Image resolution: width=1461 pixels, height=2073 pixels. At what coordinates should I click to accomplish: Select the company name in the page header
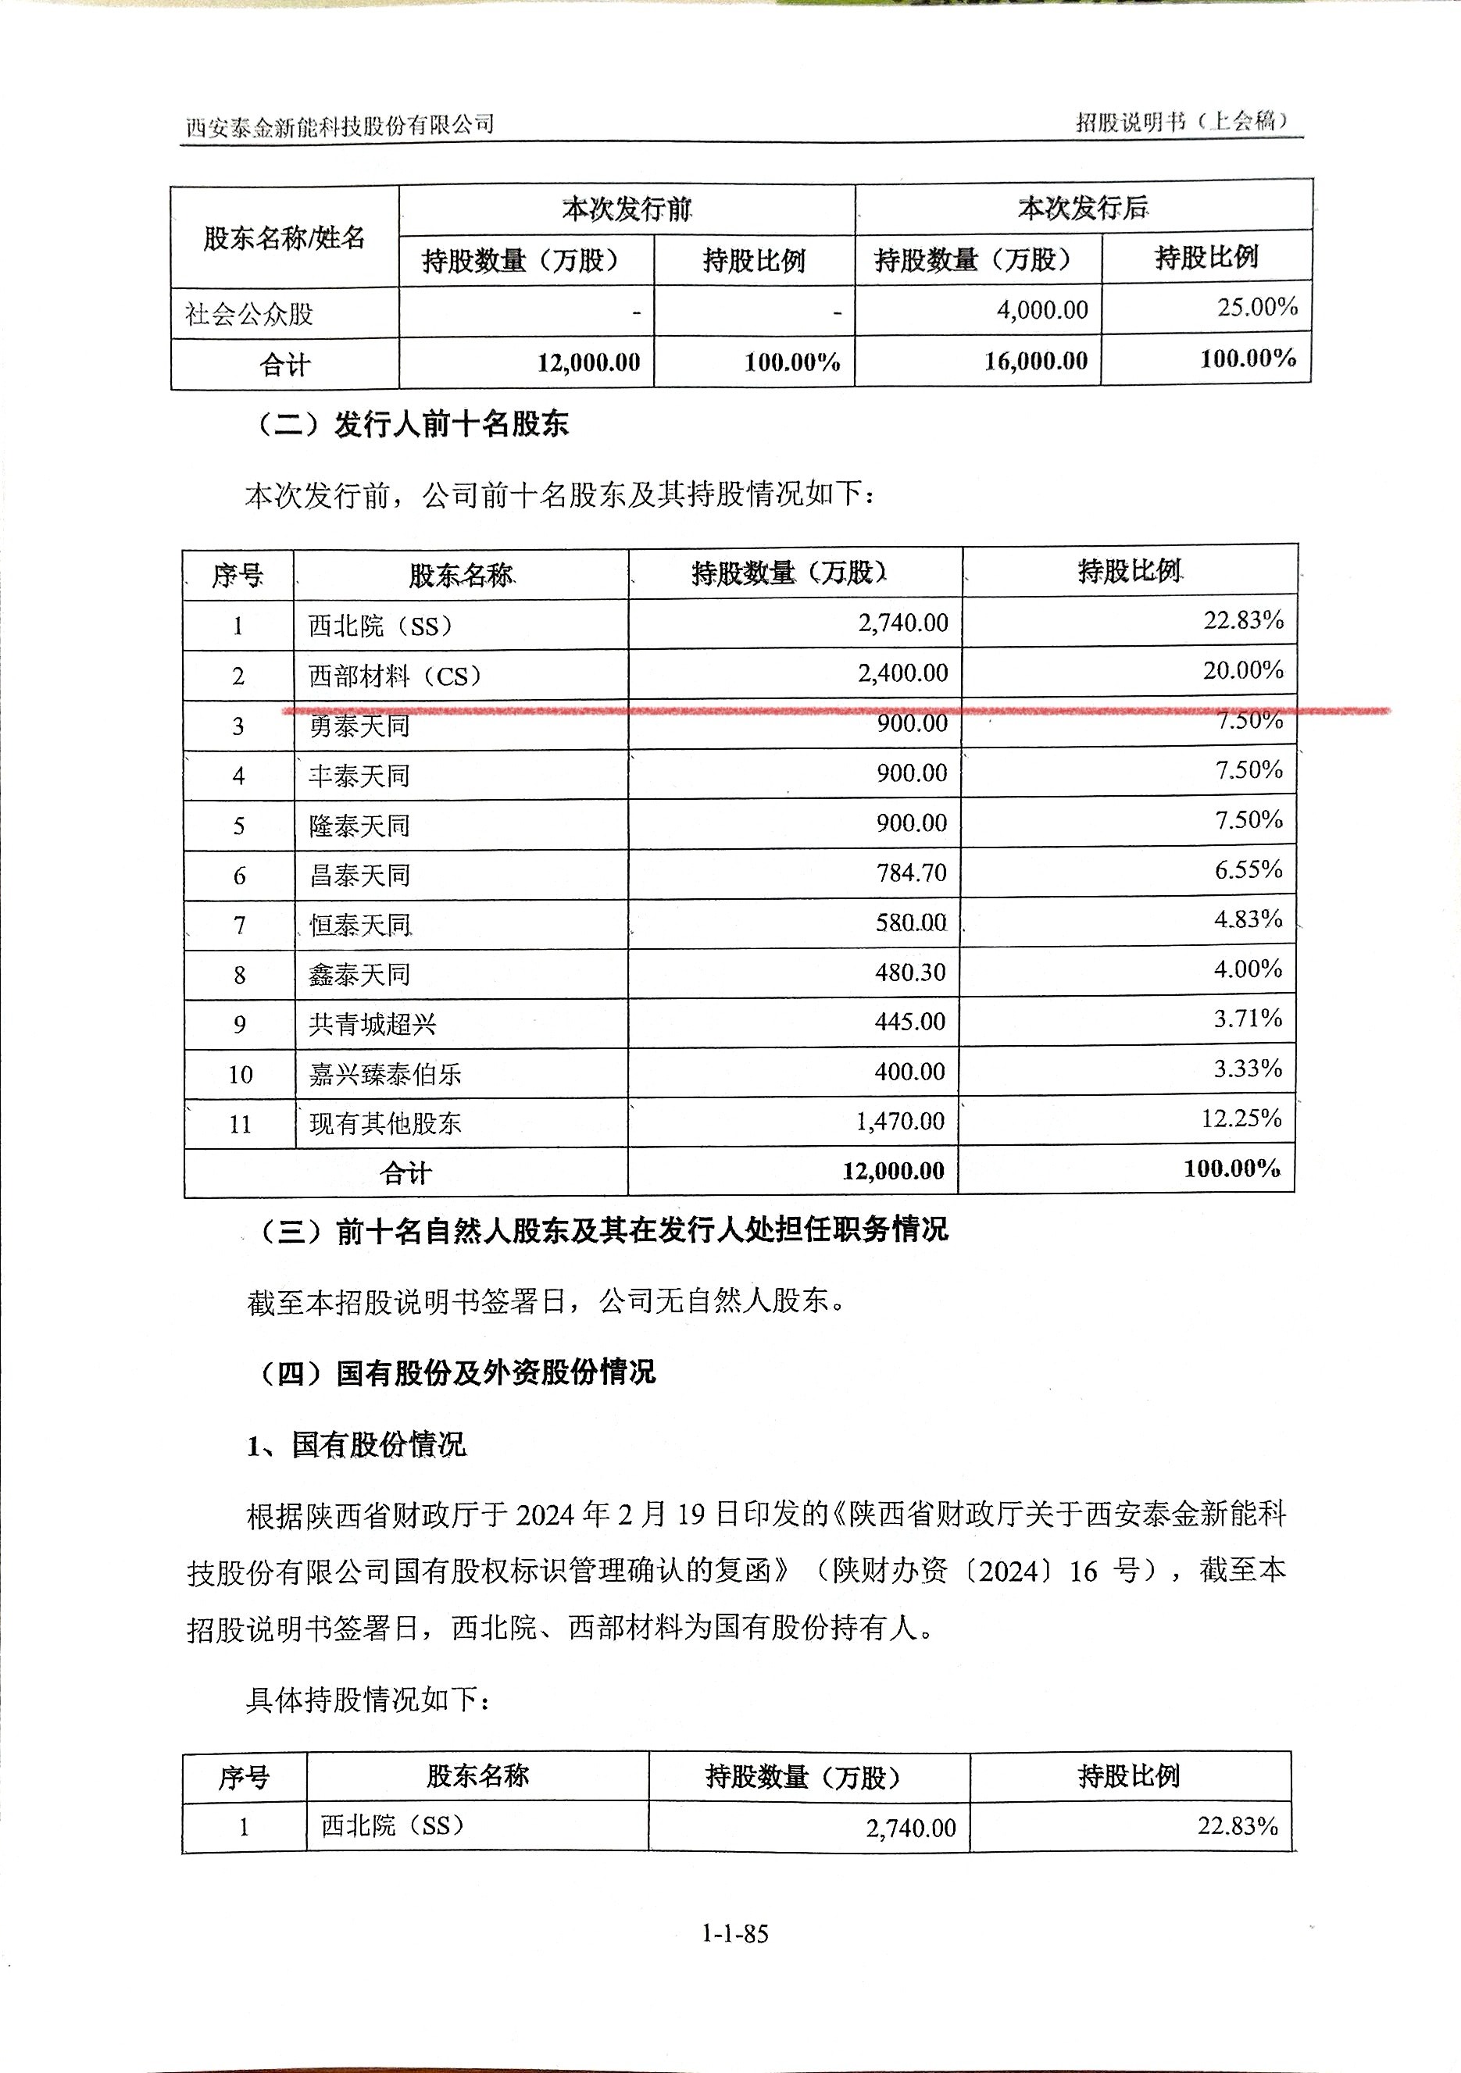340,126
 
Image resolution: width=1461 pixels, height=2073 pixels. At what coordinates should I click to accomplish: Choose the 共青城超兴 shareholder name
372,1024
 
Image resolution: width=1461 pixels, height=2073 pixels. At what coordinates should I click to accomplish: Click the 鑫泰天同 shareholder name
359,974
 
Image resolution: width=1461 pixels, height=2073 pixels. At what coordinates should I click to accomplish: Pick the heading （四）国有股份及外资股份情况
456,1372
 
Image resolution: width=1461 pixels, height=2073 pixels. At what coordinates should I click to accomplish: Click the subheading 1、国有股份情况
357,1446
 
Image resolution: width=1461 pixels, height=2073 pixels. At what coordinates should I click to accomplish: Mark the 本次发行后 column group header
1083,209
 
